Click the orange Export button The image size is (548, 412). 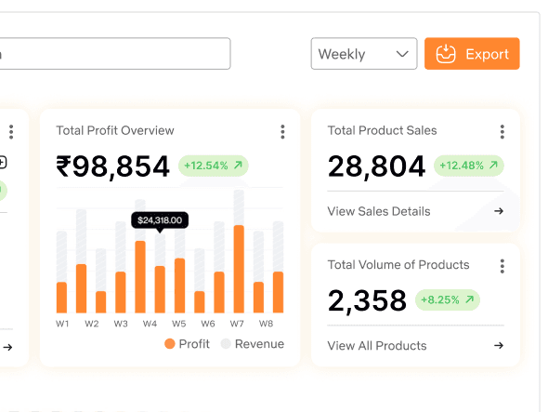(x=472, y=54)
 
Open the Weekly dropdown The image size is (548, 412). (x=364, y=54)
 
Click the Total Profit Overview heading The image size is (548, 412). (x=115, y=130)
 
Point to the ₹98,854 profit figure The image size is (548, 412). (x=113, y=166)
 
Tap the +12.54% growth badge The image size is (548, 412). (x=214, y=166)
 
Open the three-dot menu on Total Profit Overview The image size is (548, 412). (x=282, y=132)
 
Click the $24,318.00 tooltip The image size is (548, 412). (x=160, y=220)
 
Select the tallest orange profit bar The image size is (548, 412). (x=239, y=269)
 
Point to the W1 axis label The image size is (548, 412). (x=62, y=324)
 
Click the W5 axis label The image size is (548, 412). (x=179, y=324)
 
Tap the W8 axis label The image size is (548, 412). (x=266, y=324)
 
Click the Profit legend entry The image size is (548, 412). (x=187, y=344)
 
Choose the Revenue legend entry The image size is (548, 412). (x=253, y=344)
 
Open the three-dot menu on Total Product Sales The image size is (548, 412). (x=502, y=132)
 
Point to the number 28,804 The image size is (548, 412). (x=377, y=166)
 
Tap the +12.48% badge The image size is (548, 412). (x=469, y=166)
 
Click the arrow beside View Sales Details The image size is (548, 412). (x=499, y=211)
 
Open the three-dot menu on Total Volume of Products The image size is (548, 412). (x=502, y=266)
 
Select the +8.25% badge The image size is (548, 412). (x=448, y=300)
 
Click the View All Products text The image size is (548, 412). (x=377, y=346)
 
